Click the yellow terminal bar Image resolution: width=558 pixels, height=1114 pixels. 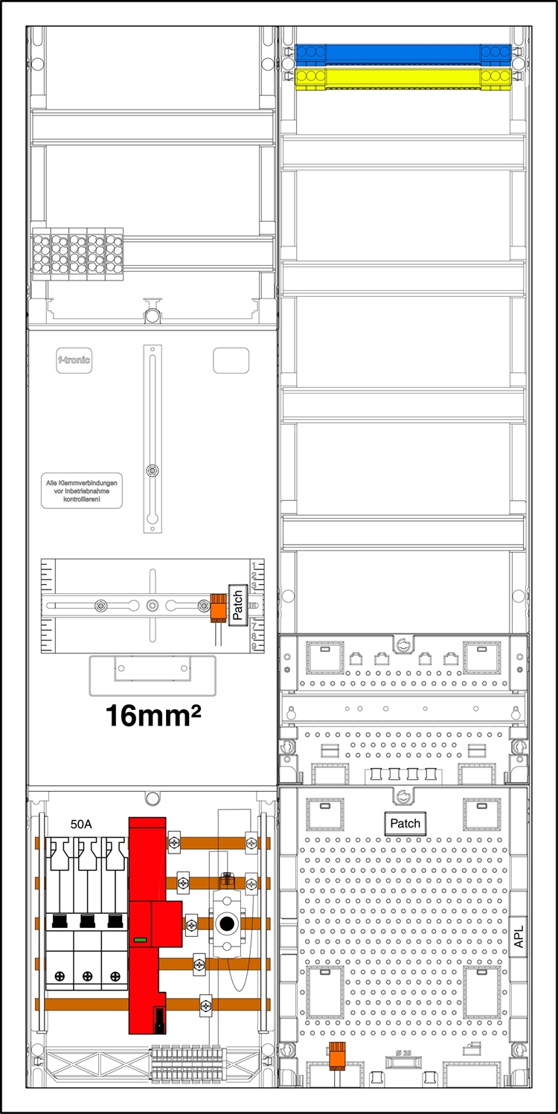tap(402, 77)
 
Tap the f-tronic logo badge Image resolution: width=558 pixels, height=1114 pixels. tap(74, 361)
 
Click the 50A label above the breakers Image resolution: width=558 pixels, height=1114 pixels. tap(83, 825)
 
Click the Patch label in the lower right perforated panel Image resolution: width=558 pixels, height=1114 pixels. tap(405, 823)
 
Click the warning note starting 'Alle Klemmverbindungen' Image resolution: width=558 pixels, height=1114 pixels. tap(82, 493)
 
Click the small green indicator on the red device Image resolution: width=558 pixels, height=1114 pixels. tap(139, 941)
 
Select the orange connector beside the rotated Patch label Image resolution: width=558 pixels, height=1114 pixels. tap(218, 606)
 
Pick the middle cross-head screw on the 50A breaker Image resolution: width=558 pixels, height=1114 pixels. tap(88, 976)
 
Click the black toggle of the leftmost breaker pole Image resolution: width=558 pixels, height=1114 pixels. tap(60, 921)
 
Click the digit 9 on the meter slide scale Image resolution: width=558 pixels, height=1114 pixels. tap(254, 647)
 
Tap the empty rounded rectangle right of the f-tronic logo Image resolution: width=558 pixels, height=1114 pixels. tap(231, 360)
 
